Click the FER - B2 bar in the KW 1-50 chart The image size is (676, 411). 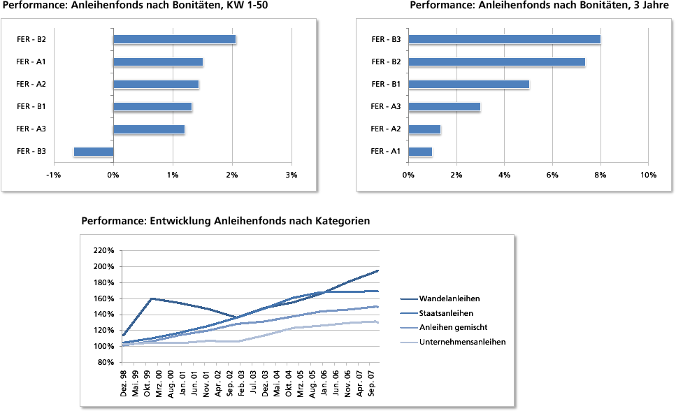[174, 39]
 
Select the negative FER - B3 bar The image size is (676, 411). [94, 152]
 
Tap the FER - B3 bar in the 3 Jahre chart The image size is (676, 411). [504, 39]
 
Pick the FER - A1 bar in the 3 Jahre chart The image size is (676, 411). [420, 152]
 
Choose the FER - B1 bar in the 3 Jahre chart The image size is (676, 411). [468, 85]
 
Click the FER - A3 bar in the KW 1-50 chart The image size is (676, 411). [148, 129]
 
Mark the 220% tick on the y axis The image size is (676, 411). [103, 250]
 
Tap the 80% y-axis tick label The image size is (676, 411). [106, 363]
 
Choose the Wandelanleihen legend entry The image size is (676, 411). [450, 299]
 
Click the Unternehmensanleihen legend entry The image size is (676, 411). [462, 342]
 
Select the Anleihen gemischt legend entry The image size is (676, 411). [454, 327]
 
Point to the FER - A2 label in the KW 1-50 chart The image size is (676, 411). [31, 85]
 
